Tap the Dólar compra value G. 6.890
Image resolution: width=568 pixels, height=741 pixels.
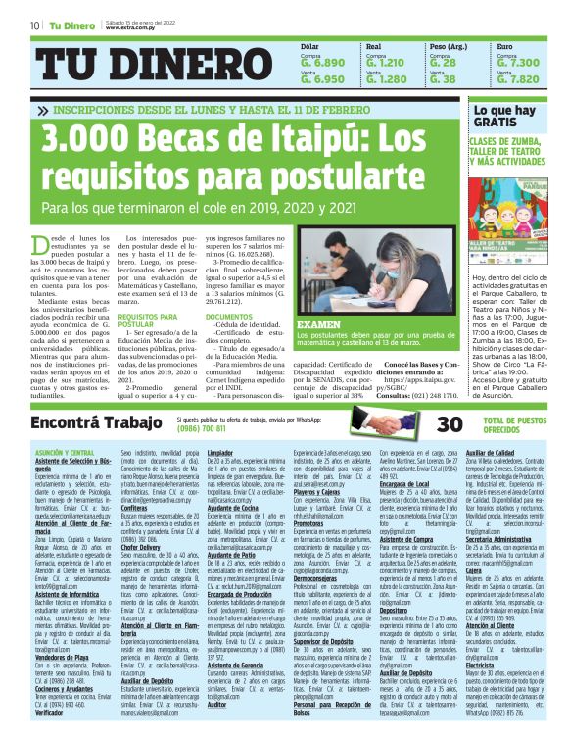tap(323, 62)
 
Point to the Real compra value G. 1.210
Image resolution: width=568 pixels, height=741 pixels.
tap(389, 62)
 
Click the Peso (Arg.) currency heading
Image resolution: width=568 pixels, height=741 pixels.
tap(450, 46)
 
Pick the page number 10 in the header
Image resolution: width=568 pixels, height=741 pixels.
tap(34, 25)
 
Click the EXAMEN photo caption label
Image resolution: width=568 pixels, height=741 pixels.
tap(317, 322)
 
